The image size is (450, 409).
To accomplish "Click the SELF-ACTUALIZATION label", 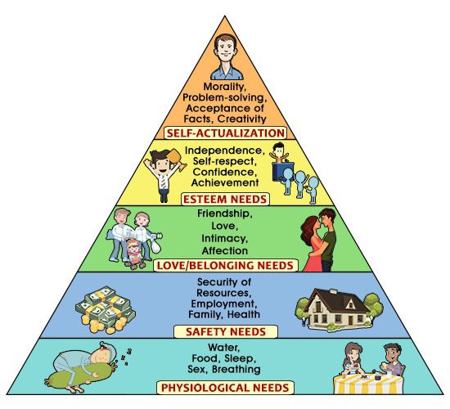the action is pyautogui.click(x=226, y=133).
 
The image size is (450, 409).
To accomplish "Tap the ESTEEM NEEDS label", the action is pyautogui.click(x=225, y=200).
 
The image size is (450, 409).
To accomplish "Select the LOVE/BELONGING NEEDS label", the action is pyautogui.click(x=226, y=265).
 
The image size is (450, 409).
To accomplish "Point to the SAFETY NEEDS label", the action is pyautogui.click(x=226, y=332).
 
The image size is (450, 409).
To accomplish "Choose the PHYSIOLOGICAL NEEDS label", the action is pyautogui.click(x=225, y=388).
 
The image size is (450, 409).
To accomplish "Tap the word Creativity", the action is pyautogui.click(x=242, y=119).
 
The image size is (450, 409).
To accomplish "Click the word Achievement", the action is pyautogui.click(x=225, y=182).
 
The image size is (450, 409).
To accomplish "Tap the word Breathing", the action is pyautogui.click(x=236, y=369).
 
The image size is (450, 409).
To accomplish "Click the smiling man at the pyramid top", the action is pyautogui.click(x=227, y=56).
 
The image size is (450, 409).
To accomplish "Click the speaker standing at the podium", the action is pyautogui.click(x=279, y=153).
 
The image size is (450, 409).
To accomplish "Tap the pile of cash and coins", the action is pyautogui.click(x=105, y=309).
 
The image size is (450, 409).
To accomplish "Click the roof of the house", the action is pyautogui.click(x=337, y=300).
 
